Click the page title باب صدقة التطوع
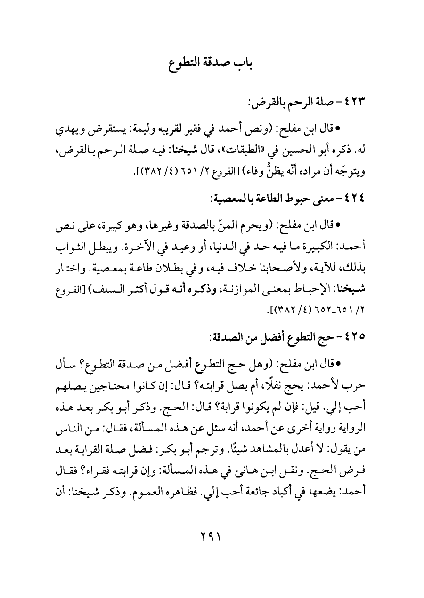212,64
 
